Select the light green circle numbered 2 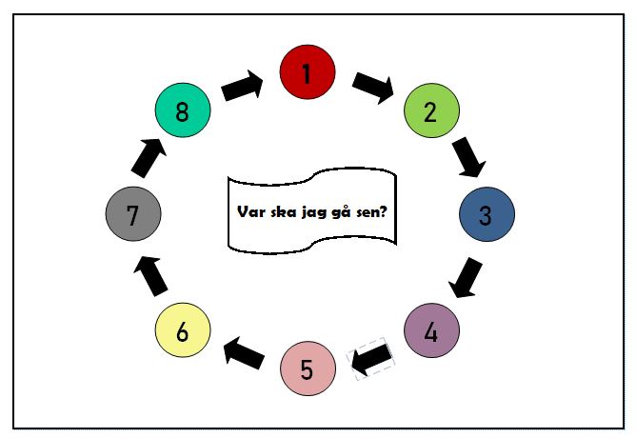point(432,110)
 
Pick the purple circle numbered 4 point(432,331)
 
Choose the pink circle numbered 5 point(308,367)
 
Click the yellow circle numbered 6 point(183,331)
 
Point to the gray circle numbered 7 point(133,214)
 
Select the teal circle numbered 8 point(183,110)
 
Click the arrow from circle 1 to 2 point(373,86)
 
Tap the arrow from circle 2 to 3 point(468,158)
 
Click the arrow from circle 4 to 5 point(372,360)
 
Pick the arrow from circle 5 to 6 point(244,352)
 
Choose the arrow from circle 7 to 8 point(148,158)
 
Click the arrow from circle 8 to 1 point(244,86)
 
